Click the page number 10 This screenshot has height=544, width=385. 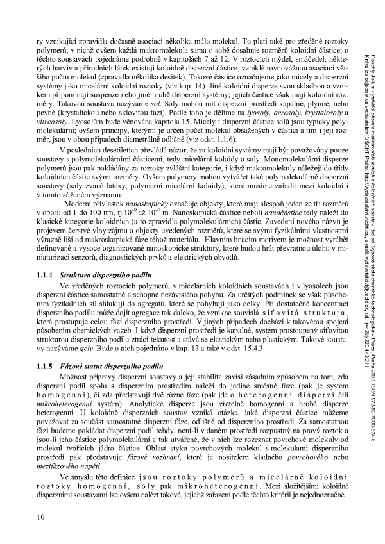[x=40, y=517]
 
